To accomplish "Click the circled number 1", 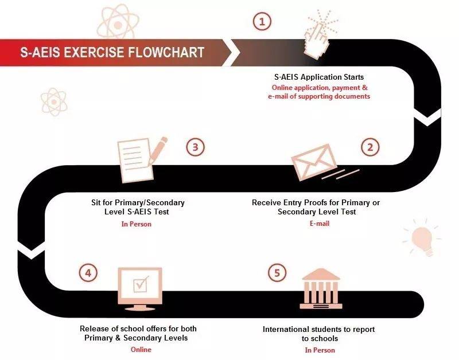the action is [262, 21].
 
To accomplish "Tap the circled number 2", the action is [370, 147].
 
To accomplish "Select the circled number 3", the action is [195, 147].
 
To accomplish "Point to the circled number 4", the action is [88, 273].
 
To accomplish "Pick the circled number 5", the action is [277, 273].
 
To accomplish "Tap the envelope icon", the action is [314, 162].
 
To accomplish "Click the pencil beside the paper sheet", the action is [158, 151].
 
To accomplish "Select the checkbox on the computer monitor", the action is [141, 284].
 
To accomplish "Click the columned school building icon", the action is [321, 289].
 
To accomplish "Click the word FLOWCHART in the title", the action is [166, 53].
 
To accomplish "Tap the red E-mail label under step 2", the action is [320, 224].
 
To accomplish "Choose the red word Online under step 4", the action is [141, 350].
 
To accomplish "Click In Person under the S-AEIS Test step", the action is [137, 224].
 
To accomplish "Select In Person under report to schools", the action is [320, 350].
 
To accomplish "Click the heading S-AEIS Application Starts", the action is [319, 77].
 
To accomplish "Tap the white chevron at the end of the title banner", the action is [231, 53].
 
